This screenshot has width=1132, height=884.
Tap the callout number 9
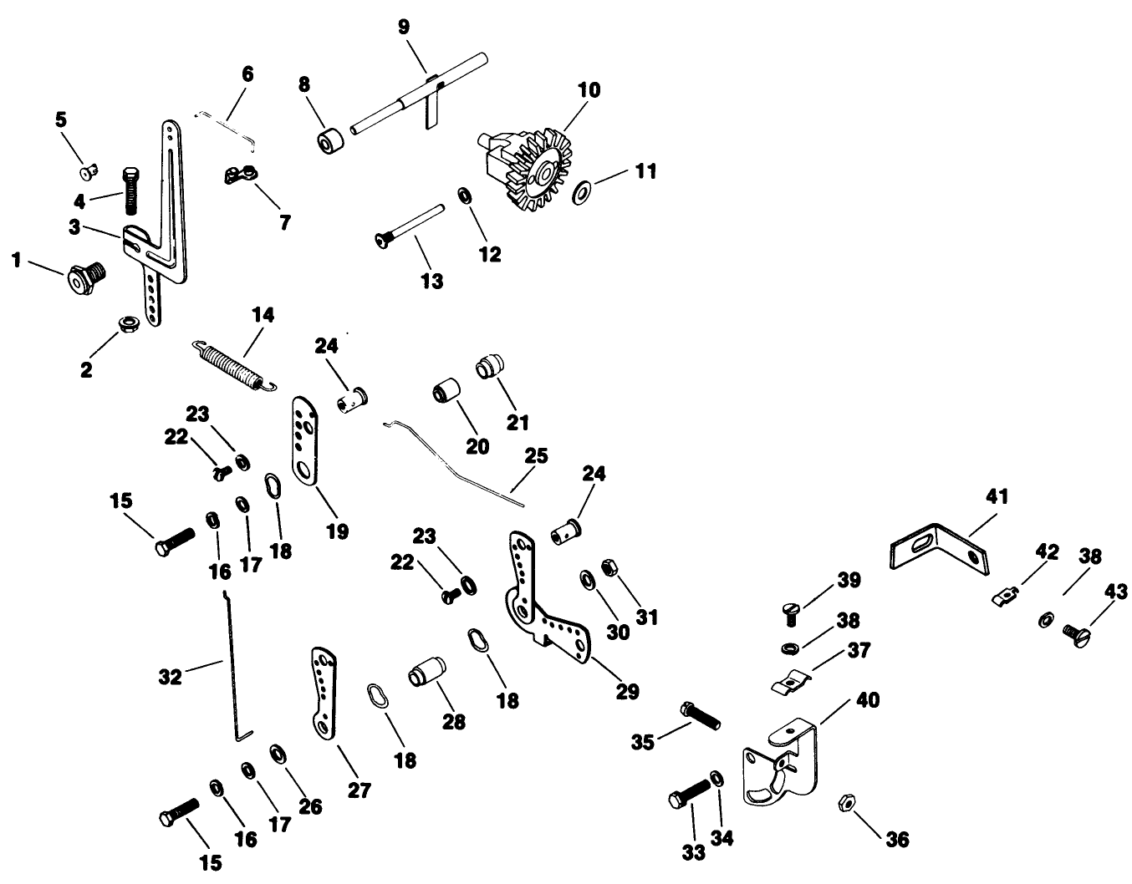(x=404, y=27)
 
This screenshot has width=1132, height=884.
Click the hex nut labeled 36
(x=843, y=804)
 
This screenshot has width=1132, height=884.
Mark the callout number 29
(x=627, y=691)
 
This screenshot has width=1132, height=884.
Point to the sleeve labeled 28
(x=426, y=671)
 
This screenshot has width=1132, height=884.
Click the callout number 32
(x=171, y=677)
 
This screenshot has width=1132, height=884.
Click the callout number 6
(x=247, y=74)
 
